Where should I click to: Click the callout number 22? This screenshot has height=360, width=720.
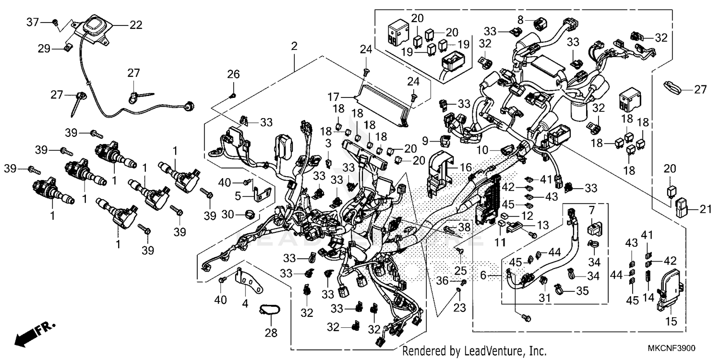point(136,25)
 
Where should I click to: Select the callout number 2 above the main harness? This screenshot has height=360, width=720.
point(294,47)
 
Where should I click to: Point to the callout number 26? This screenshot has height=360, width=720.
point(233,74)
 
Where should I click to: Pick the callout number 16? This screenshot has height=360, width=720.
point(466,168)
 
